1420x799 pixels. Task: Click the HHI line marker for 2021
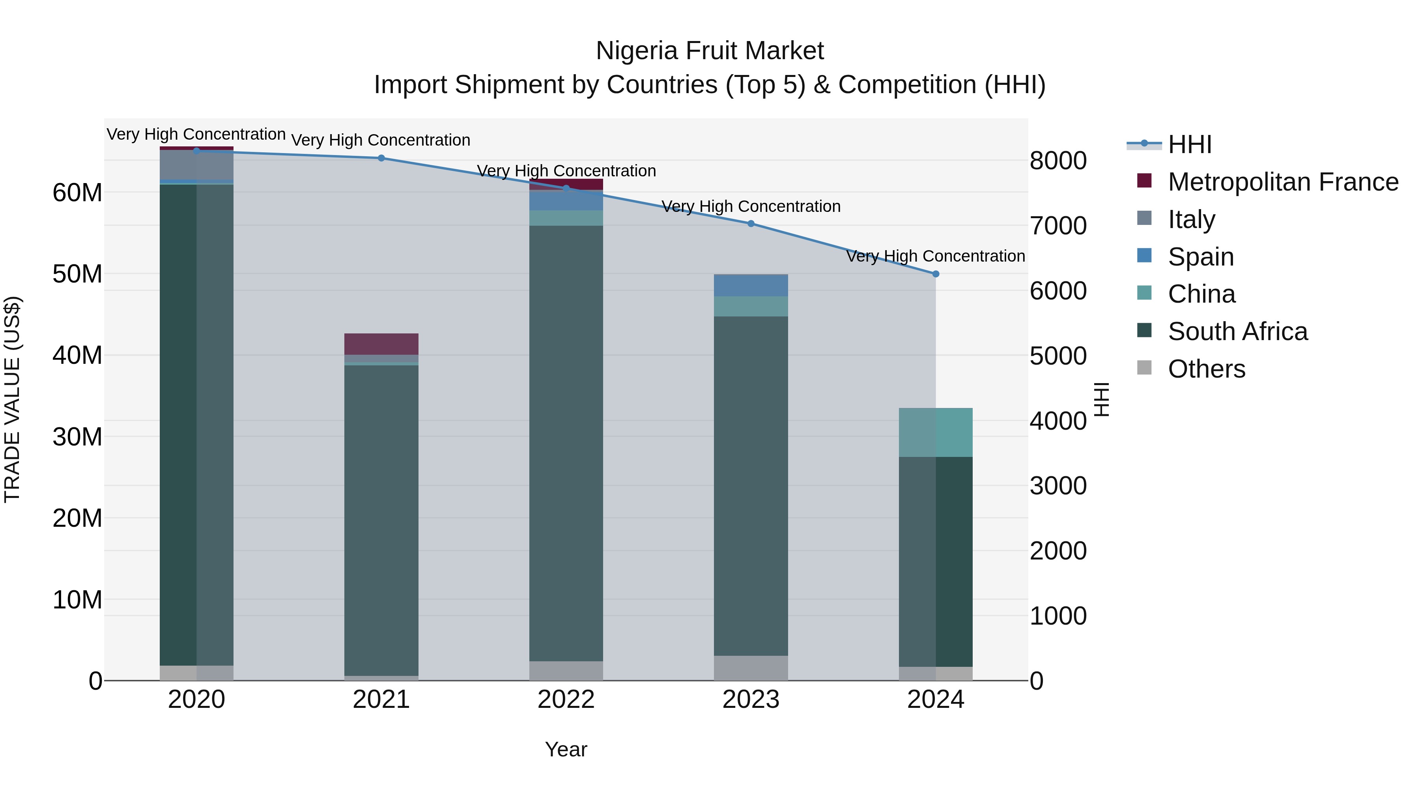click(381, 158)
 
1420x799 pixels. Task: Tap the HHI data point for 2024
click(936, 274)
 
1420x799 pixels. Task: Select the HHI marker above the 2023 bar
click(751, 224)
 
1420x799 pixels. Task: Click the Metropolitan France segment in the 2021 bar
click(381, 344)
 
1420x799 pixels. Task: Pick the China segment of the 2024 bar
click(936, 433)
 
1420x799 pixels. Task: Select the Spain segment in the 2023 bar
click(751, 286)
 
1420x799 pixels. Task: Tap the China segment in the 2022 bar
click(566, 218)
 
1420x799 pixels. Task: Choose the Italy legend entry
click(1191, 219)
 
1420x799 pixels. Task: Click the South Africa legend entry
click(1237, 331)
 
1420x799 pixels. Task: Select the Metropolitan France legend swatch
click(1144, 181)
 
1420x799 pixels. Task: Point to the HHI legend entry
click(1190, 144)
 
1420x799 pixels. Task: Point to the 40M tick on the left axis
click(77, 355)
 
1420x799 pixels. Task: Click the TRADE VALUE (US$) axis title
click(13, 399)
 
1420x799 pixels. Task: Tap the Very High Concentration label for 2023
click(751, 206)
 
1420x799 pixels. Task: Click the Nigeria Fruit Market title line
click(710, 51)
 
